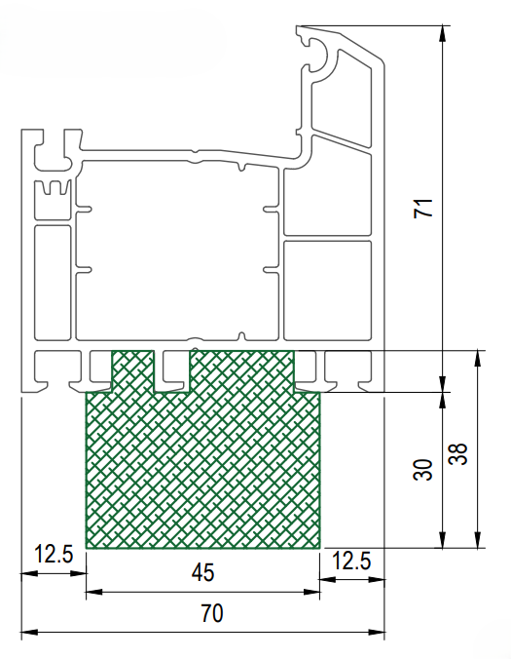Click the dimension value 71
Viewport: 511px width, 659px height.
[x=423, y=208]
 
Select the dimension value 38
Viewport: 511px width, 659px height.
[x=457, y=454]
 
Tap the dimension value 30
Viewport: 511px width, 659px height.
[x=422, y=470]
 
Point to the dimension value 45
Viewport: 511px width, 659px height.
[x=203, y=572]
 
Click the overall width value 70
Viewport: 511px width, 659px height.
[x=212, y=613]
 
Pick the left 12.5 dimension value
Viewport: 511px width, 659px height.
[x=54, y=554]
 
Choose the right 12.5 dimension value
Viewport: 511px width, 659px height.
[x=351, y=561]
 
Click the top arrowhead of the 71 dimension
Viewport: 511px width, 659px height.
[x=442, y=33]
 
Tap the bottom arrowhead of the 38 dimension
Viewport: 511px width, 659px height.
[x=477, y=540]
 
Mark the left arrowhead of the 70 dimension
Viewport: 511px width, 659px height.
[x=29, y=632]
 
